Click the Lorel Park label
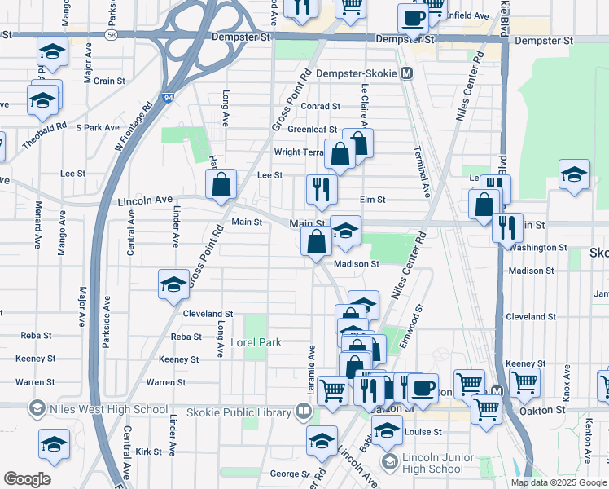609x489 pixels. pos(256,342)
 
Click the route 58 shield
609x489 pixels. pos(110,36)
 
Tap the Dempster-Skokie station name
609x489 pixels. pos(358,73)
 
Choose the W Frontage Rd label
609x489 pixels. pos(134,126)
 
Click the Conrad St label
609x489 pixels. pos(319,106)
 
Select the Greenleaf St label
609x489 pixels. pos(316,129)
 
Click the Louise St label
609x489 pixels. pos(423,431)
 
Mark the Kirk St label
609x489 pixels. pos(150,451)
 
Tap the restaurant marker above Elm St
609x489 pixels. pos(322,189)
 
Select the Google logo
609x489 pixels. pos(27,479)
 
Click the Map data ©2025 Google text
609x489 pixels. pos(559,482)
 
